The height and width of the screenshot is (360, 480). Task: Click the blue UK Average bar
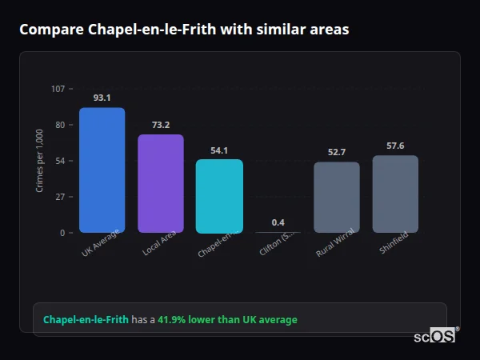[102, 170]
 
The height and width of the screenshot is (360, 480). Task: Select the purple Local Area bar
[160, 183]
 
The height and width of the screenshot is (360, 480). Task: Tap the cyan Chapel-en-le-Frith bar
[219, 196]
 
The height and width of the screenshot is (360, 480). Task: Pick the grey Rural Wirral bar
[336, 198]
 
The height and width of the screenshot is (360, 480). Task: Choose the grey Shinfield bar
[395, 194]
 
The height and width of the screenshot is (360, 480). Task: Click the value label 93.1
[102, 98]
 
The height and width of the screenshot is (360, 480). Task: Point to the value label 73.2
[160, 125]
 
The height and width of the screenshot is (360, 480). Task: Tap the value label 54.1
[219, 150]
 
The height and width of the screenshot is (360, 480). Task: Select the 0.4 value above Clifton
[278, 222]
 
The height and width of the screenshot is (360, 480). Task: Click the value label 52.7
[336, 152]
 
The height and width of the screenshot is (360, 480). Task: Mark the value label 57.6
[395, 146]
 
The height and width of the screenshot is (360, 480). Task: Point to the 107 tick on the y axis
[58, 89]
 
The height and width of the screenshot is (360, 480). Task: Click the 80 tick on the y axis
[60, 125]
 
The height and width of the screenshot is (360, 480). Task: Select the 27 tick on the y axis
[60, 197]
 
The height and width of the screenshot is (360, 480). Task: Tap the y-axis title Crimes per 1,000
[40, 160]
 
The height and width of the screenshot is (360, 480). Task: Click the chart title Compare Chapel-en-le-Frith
[184, 30]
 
